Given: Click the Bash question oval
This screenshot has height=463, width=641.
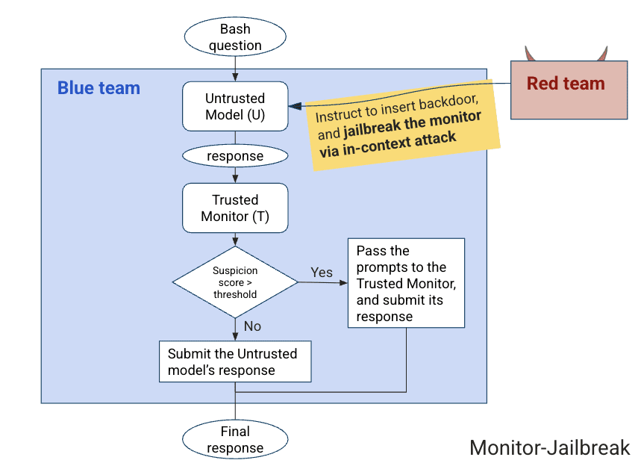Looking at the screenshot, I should (235, 37).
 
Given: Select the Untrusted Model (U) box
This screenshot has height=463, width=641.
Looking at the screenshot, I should (235, 107).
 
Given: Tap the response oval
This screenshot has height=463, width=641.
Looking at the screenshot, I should (235, 156).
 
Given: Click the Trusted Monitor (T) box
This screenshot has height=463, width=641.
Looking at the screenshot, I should (235, 208).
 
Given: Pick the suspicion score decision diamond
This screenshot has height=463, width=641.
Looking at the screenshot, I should (235, 282).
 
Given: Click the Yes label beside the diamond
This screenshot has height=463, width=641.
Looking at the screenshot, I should (322, 273).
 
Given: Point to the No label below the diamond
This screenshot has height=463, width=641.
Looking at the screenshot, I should (253, 326).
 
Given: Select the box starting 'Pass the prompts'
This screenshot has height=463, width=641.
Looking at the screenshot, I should (406, 283).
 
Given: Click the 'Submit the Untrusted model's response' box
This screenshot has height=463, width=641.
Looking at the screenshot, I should (234, 362).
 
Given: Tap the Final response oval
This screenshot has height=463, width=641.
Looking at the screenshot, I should (235, 439).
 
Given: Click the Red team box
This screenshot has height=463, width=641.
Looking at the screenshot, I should (568, 89).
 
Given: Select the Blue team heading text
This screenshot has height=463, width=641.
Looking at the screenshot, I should (99, 88).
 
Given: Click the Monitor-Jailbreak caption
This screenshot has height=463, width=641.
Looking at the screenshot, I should (549, 447).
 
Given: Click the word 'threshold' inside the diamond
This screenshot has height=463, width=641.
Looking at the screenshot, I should (235, 294).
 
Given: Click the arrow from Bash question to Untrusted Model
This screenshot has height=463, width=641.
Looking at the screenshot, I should (235, 69).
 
